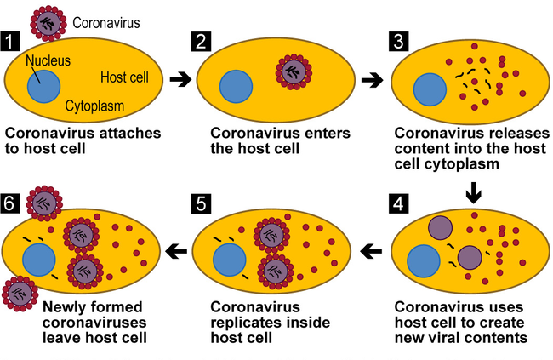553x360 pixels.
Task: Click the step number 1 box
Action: pyautogui.click(x=11, y=40)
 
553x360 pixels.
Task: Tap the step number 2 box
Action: pyautogui.click(x=201, y=40)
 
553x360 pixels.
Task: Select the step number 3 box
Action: pyautogui.click(x=397, y=40)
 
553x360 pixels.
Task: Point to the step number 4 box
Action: pyautogui.click(x=397, y=204)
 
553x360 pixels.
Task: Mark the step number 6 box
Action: pyautogui.click(x=11, y=204)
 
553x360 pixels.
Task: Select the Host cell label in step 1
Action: pyautogui.click(x=124, y=77)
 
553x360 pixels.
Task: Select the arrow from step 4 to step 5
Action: pyautogui.click(x=372, y=251)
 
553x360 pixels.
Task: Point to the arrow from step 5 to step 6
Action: pyautogui.click(x=176, y=251)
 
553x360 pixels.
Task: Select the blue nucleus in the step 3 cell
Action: pyautogui.click(x=429, y=88)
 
